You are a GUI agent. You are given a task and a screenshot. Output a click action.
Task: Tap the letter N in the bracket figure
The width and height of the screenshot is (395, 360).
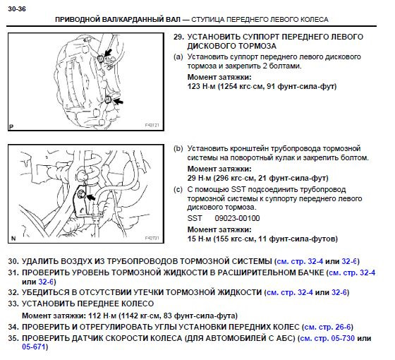[x=12, y=239]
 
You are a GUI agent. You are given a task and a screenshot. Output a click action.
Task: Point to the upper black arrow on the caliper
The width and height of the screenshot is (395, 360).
[x=107, y=51]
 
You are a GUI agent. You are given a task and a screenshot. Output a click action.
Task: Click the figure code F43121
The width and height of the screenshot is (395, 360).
[x=152, y=126]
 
